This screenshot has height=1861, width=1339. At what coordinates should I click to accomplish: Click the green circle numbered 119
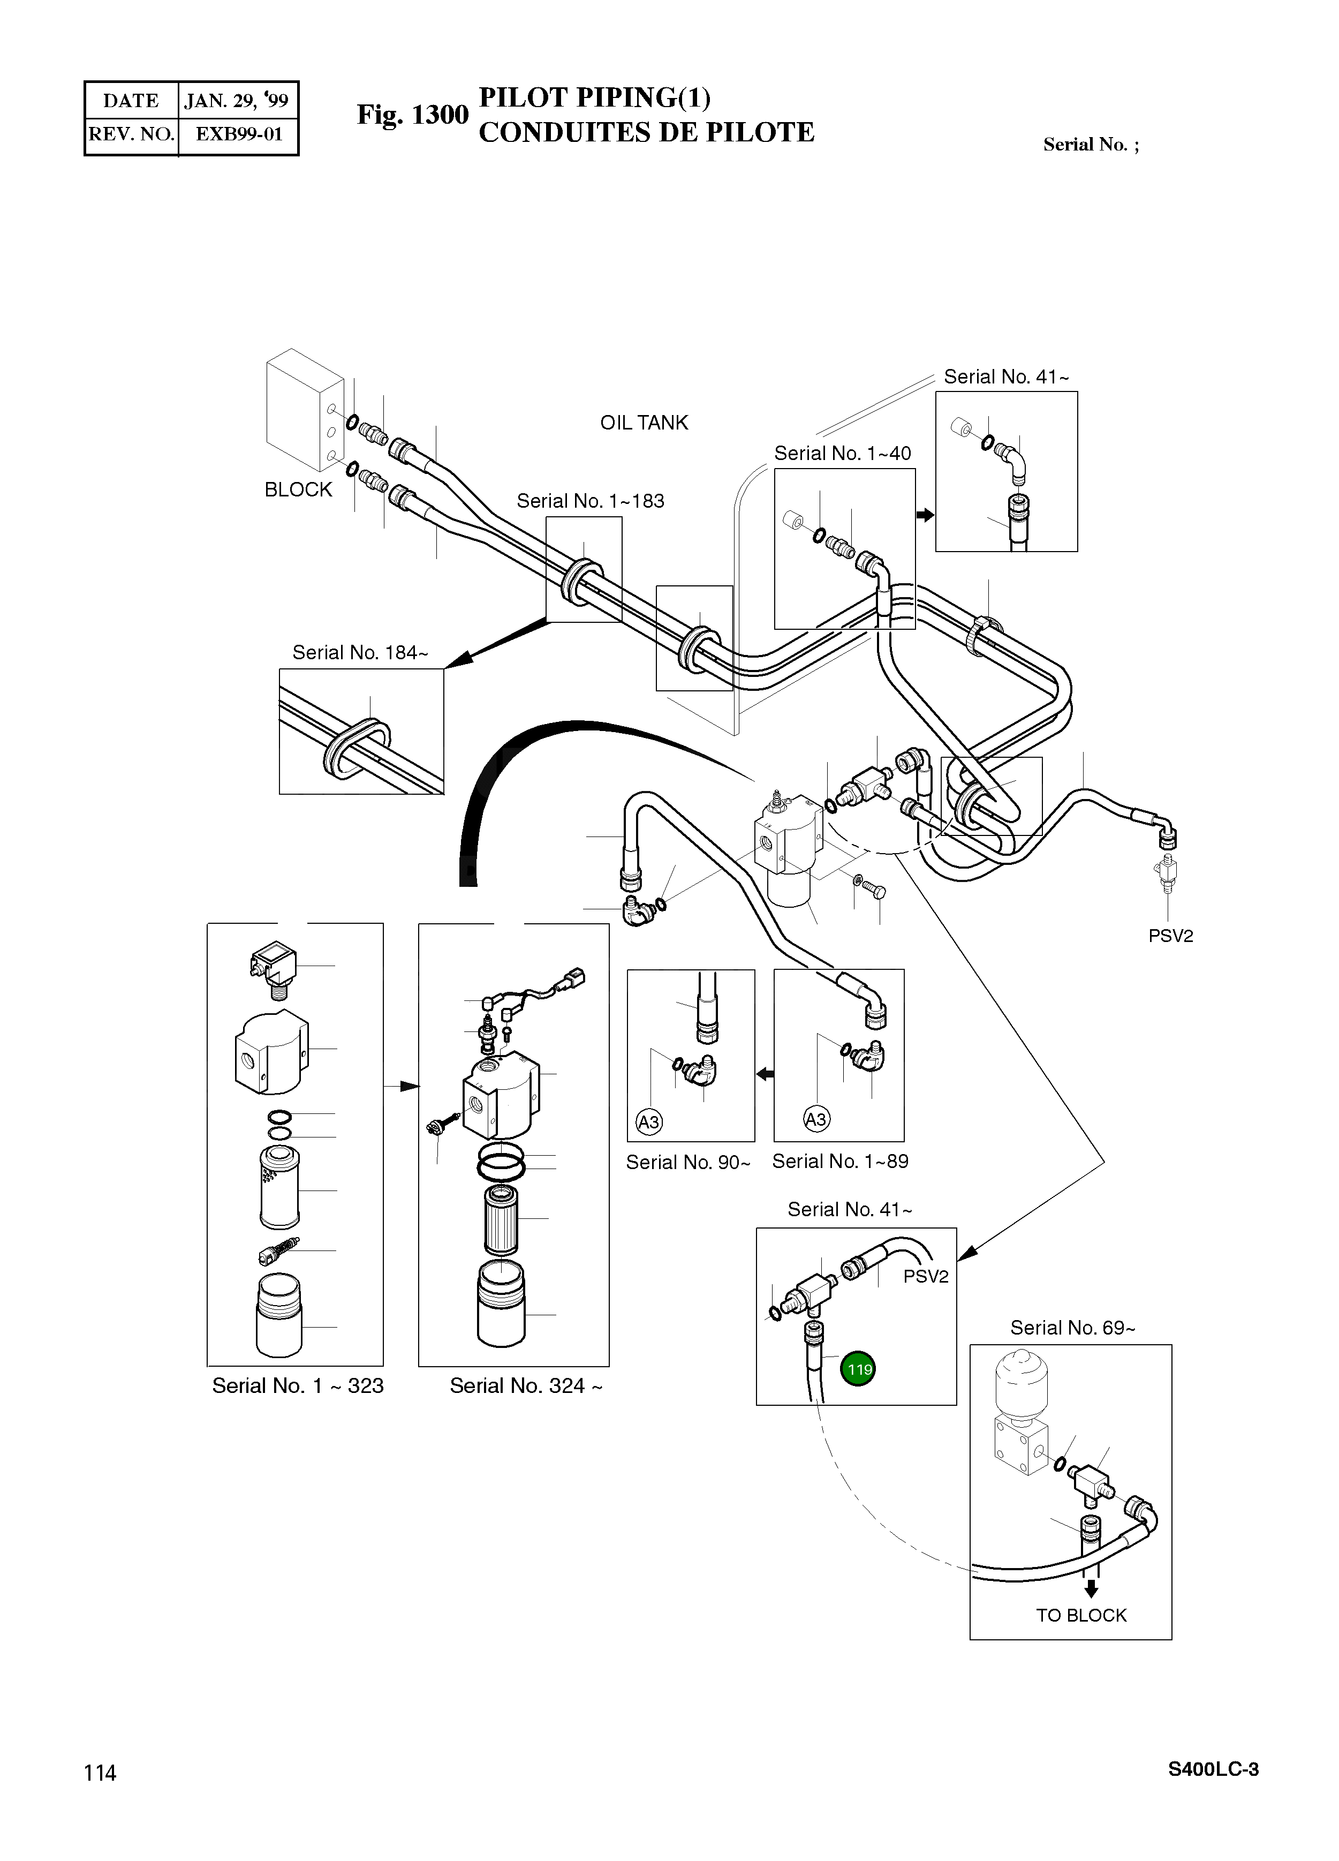tap(858, 1369)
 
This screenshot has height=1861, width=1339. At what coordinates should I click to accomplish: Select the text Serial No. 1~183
tap(590, 501)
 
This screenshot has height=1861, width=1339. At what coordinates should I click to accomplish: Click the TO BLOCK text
tap(1080, 1615)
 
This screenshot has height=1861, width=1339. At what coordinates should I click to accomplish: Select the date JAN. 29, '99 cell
tap(236, 101)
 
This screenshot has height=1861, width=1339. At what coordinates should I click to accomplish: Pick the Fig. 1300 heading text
tap(412, 115)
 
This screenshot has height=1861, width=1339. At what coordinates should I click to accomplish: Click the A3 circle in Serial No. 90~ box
tap(649, 1121)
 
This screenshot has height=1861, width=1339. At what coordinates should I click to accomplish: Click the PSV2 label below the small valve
tap(1170, 936)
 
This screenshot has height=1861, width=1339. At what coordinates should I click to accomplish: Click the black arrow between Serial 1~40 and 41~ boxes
tap(926, 515)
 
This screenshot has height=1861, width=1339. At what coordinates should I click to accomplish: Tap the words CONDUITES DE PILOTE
tap(646, 132)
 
